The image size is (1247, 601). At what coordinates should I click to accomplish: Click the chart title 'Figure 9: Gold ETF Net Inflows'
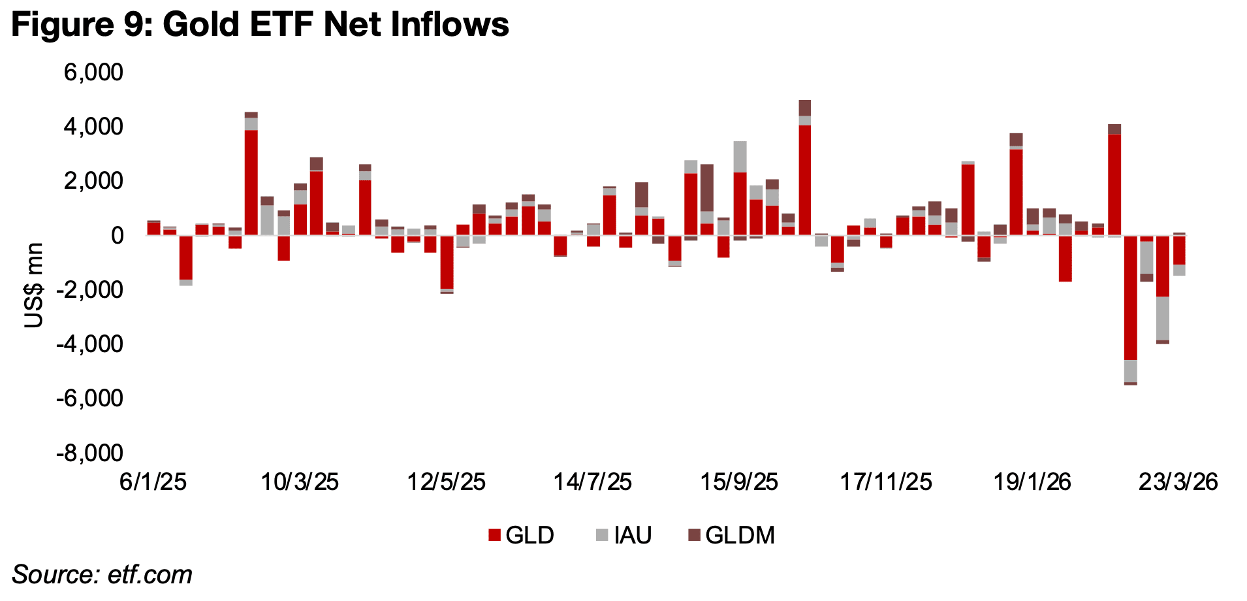[260, 25]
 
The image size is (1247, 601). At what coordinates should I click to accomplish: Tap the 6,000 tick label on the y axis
[93, 72]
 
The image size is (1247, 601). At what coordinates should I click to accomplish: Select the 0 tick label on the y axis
[116, 235]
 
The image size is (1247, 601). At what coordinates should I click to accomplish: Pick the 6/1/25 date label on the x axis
[153, 482]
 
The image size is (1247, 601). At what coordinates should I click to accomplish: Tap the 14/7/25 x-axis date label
[592, 482]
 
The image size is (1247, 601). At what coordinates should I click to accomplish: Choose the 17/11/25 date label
[885, 482]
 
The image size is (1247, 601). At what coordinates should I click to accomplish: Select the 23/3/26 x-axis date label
[1178, 482]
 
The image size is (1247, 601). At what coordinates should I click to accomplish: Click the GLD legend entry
[521, 535]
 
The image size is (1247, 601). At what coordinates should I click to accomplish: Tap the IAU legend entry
[623, 535]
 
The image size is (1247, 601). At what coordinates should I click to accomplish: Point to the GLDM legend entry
[731, 535]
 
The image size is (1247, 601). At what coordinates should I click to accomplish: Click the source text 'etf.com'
[150, 575]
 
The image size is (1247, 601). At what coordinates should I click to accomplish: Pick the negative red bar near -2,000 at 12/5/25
[447, 261]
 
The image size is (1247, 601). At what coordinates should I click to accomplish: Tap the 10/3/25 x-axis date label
[300, 482]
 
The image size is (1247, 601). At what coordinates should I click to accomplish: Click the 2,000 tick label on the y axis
[93, 181]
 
